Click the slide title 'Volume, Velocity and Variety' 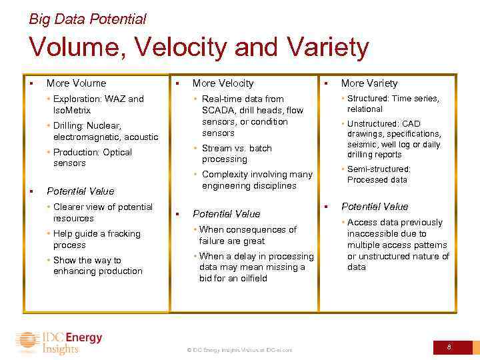pyautogui.click(x=198, y=48)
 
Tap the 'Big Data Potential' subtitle pyautogui.click(x=87, y=19)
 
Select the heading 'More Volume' pyautogui.click(x=76, y=83)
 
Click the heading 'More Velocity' pyautogui.click(x=223, y=83)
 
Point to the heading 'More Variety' pyautogui.click(x=369, y=83)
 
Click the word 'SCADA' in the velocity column pyautogui.click(x=217, y=111)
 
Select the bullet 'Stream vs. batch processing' pyautogui.click(x=237, y=154)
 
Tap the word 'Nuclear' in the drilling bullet pyautogui.click(x=104, y=126)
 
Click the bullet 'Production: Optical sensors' pyautogui.click(x=92, y=157)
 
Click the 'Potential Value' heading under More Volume pyautogui.click(x=81, y=191)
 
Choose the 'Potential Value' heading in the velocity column pyautogui.click(x=226, y=214)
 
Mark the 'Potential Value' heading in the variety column pyautogui.click(x=375, y=207)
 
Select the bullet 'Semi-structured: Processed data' pyautogui.click(x=378, y=175)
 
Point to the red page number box pyautogui.click(x=449, y=347)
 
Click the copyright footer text pyautogui.click(x=239, y=350)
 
